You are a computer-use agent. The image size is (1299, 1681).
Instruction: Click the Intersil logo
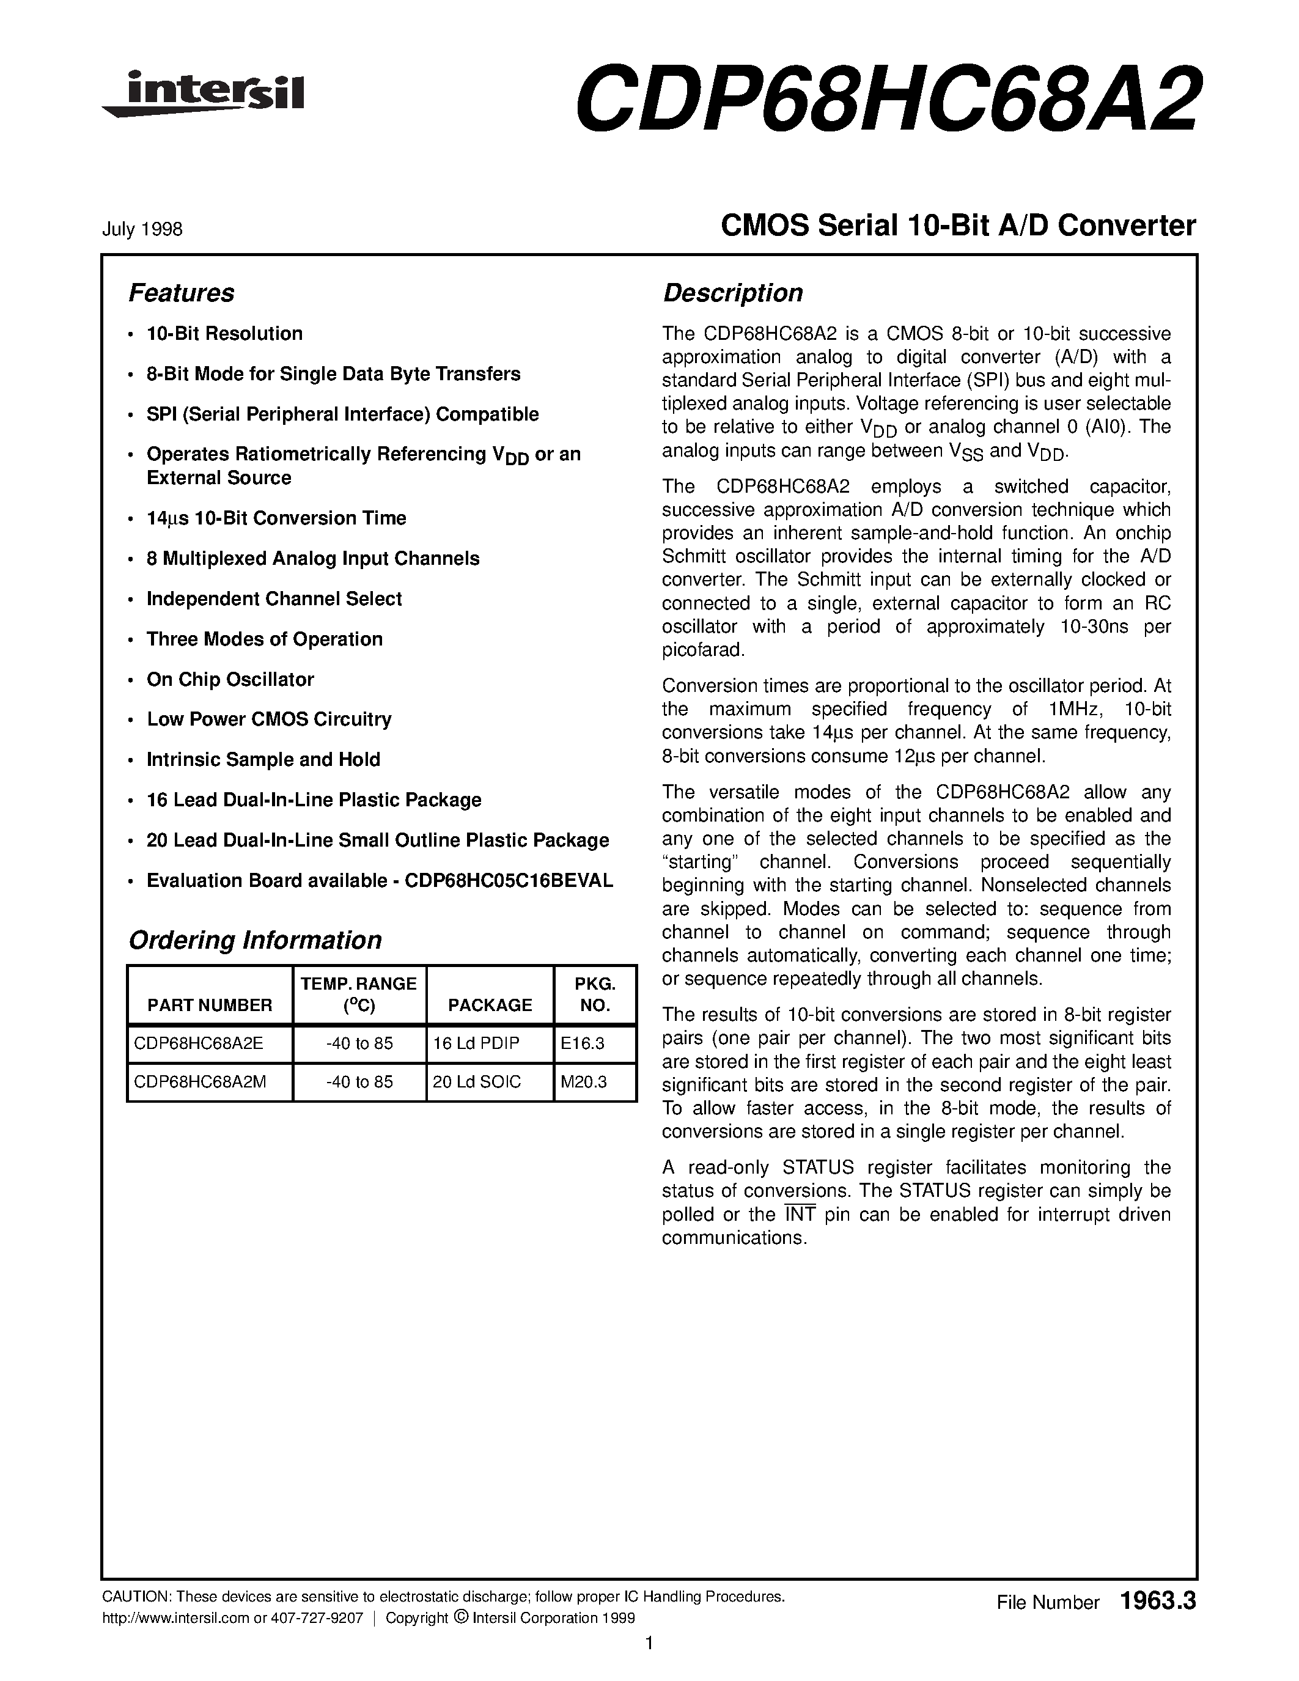click(204, 95)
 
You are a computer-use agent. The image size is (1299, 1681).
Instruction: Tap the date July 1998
click(142, 229)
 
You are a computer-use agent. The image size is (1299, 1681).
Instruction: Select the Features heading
click(181, 293)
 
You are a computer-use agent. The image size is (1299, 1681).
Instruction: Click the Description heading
click(732, 293)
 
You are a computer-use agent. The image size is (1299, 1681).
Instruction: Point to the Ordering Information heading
click(255, 940)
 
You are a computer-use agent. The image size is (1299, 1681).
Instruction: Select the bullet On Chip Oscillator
click(230, 679)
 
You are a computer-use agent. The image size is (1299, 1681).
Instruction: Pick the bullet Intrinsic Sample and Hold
click(263, 760)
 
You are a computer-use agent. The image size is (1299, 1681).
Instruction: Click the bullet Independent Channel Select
click(274, 599)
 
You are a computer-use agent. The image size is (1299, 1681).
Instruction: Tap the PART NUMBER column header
click(209, 1004)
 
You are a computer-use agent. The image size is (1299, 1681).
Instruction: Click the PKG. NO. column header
click(595, 994)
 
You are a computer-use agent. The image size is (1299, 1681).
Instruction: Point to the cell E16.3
click(583, 1043)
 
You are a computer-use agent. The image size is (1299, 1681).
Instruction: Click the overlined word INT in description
click(800, 1214)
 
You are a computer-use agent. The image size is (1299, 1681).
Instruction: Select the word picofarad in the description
click(704, 650)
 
